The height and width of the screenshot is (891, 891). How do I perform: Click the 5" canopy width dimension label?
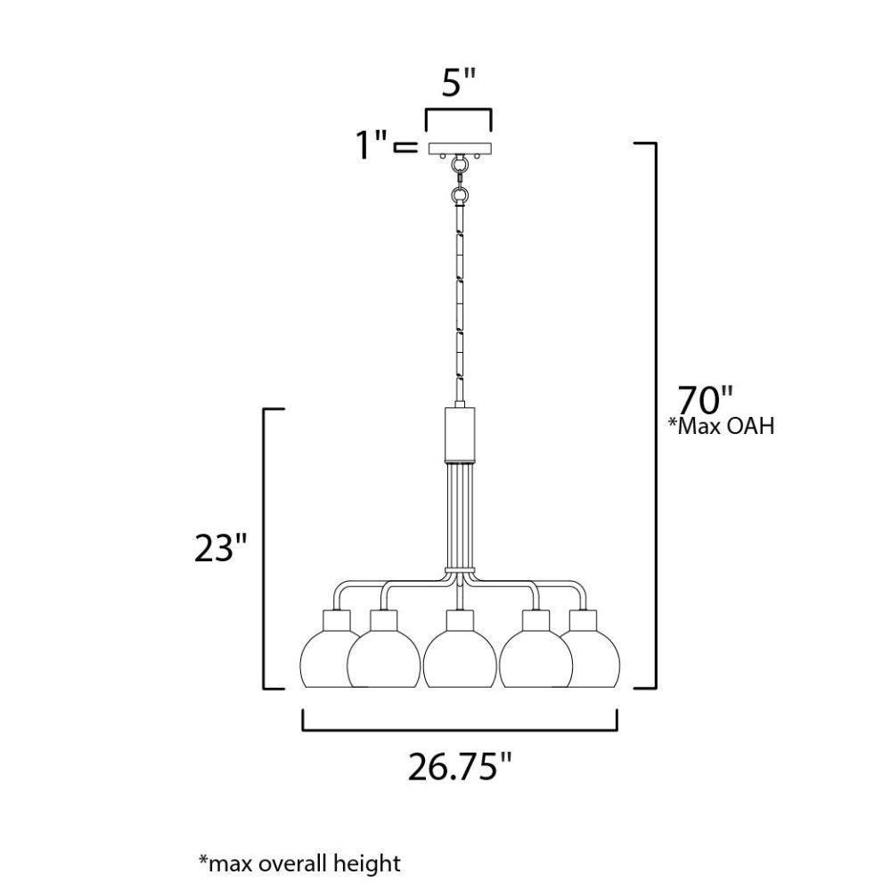458,83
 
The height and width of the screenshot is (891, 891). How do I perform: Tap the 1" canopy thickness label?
372,145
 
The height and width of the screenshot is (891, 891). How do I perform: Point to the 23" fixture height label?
220,549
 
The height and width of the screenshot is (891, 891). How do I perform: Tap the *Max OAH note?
721,426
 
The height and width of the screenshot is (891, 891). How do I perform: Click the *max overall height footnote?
299,863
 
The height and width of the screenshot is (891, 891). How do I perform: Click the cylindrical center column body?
460,433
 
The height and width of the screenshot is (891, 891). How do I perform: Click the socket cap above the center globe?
460,620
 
